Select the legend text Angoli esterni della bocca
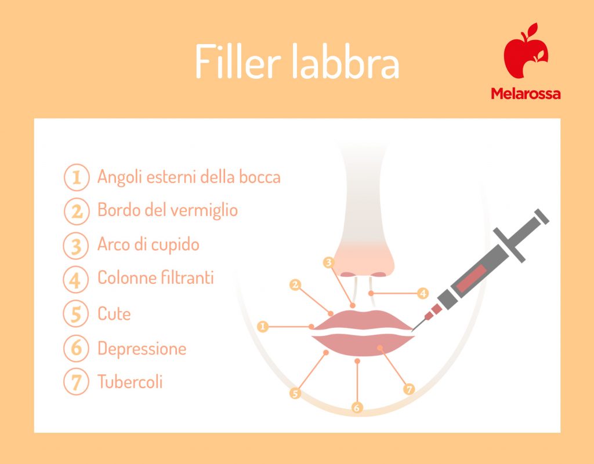pos(189,177)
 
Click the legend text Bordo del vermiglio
pos(168,210)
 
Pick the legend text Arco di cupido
pos(148,244)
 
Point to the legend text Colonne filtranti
pos(155,278)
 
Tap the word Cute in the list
pos(114,314)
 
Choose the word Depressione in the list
pos(142,349)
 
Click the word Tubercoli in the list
pos(130,382)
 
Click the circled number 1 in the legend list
pos(75,177)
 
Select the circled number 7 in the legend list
pos(75,382)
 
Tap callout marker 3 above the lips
pos(329,262)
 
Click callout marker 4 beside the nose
pos(423,293)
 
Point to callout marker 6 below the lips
pos(357,407)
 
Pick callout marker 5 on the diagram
pos(295,394)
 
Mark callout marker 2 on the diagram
pos(295,284)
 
